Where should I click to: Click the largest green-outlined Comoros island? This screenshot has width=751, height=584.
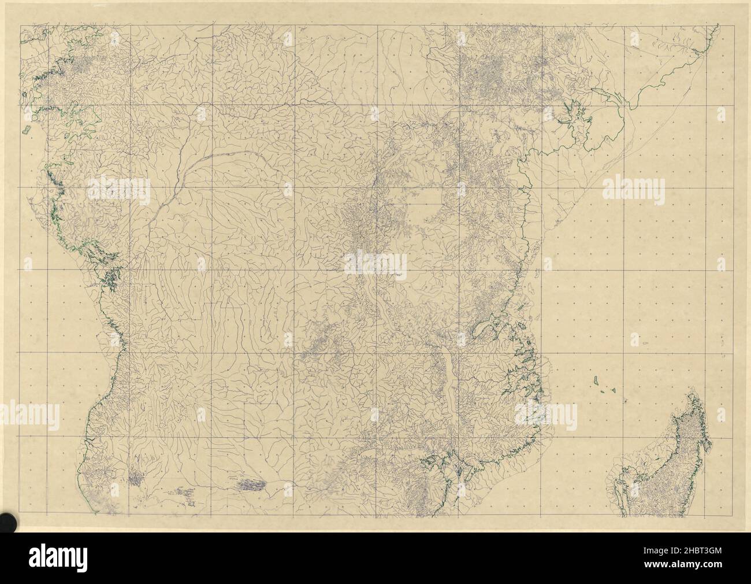click(x=595, y=380)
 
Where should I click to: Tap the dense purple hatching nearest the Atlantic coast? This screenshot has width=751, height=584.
click(x=136, y=478)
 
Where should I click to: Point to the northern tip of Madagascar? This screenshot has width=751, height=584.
click(x=690, y=394)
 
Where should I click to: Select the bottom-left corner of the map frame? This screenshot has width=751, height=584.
click(x=19, y=516)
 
